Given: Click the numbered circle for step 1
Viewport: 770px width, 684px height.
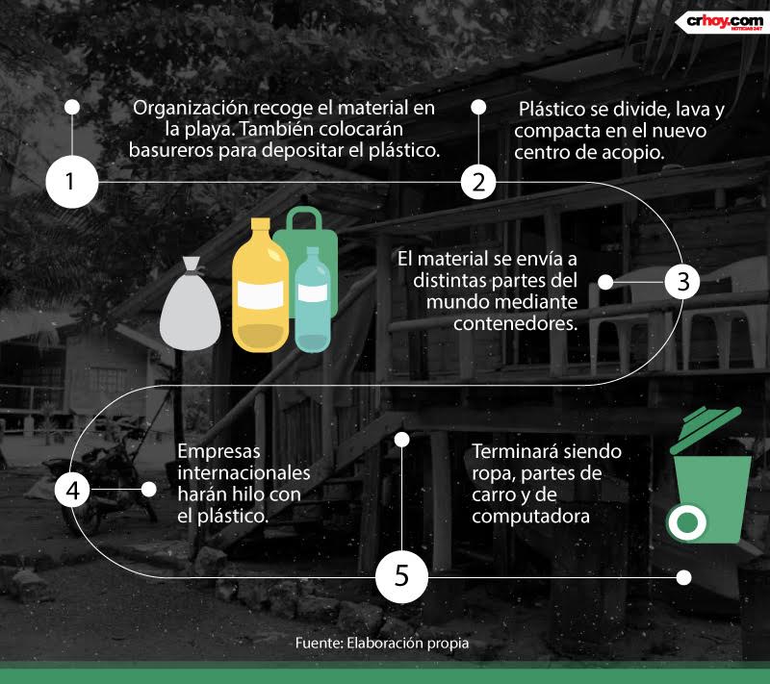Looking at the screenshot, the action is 71,182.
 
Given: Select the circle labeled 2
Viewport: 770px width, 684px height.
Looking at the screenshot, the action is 478,182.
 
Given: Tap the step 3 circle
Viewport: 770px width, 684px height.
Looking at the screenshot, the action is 682,282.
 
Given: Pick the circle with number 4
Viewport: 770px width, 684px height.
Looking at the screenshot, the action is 73,490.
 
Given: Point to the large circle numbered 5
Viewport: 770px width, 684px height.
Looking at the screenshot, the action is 401,576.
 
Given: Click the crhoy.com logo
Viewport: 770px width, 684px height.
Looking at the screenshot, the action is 721,22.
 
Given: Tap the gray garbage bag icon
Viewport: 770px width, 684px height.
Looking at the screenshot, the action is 190,304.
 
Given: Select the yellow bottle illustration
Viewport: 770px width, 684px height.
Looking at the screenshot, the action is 260,286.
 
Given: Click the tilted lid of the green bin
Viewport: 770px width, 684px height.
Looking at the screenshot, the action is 706,429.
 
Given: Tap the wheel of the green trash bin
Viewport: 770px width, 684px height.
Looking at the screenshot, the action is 686,522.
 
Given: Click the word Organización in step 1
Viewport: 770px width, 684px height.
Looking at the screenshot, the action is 192,108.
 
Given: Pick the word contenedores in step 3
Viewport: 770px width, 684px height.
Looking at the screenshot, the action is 515,323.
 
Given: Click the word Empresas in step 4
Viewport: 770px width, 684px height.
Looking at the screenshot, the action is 219,451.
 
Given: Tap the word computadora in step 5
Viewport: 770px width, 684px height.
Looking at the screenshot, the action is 530,517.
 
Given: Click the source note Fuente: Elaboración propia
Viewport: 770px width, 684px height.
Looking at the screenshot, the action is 382,643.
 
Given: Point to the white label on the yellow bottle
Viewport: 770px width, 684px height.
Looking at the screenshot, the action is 260,295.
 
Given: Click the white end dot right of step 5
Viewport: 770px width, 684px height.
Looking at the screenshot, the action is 683,577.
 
